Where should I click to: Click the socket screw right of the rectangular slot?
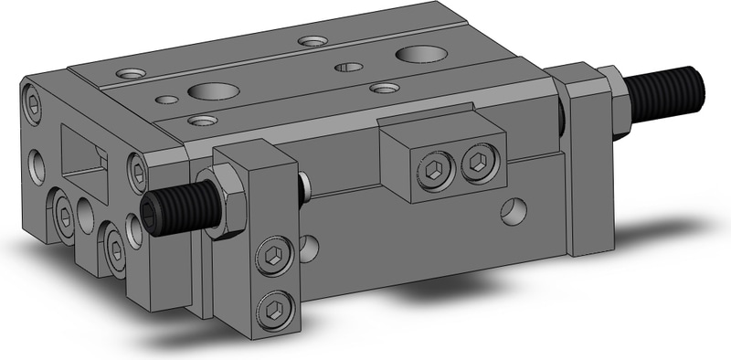tap(138, 169)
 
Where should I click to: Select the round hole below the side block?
tap(514, 214)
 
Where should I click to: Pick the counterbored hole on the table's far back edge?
tap(313, 41)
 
